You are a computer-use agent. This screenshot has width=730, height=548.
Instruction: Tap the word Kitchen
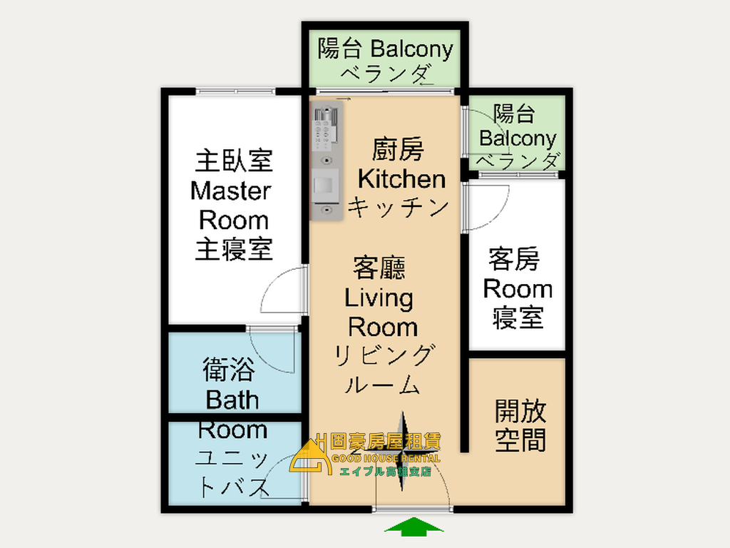pyautogui.click(x=401, y=179)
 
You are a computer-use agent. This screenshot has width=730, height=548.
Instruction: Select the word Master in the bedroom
pyautogui.click(x=231, y=191)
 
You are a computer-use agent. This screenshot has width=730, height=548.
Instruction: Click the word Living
pyautogui.click(x=379, y=299)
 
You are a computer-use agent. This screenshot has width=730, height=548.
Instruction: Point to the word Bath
pyautogui.click(x=232, y=400)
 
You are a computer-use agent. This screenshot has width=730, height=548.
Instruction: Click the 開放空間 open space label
pyautogui.click(x=520, y=425)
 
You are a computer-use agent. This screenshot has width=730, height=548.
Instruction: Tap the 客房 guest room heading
pyautogui.click(x=514, y=259)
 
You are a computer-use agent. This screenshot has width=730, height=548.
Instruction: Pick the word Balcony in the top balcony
pyautogui.click(x=411, y=49)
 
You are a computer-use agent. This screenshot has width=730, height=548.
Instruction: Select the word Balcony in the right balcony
pyautogui.click(x=518, y=138)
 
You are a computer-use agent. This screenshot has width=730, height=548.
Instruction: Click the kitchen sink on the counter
pyautogui.click(x=325, y=186)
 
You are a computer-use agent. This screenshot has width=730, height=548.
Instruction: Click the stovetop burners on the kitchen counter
pyautogui.click(x=325, y=130)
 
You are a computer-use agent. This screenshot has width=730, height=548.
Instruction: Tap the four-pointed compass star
pyautogui.click(x=402, y=451)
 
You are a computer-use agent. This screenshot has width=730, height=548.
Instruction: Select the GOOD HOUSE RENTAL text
pyautogui.click(x=386, y=458)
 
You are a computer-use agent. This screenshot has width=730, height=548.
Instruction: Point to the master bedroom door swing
pyautogui.click(x=282, y=290)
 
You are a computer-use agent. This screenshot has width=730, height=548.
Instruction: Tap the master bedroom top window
pyautogui.click(x=235, y=91)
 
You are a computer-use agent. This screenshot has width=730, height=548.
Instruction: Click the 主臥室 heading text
pyautogui.click(x=233, y=161)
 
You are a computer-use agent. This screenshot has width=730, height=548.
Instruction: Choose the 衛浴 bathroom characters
pyautogui.click(x=229, y=370)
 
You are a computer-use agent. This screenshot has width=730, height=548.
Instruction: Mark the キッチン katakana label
pyautogui.click(x=399, y=207)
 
